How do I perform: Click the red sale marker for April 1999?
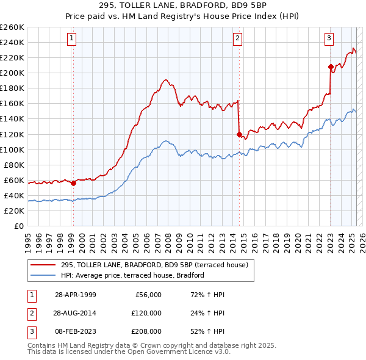pos(73,182)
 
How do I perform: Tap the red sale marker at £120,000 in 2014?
pos(239,134)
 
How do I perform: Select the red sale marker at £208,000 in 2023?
pos(331,67)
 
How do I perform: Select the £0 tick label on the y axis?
pos(18,226)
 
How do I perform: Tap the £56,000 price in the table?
pos(146,295)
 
